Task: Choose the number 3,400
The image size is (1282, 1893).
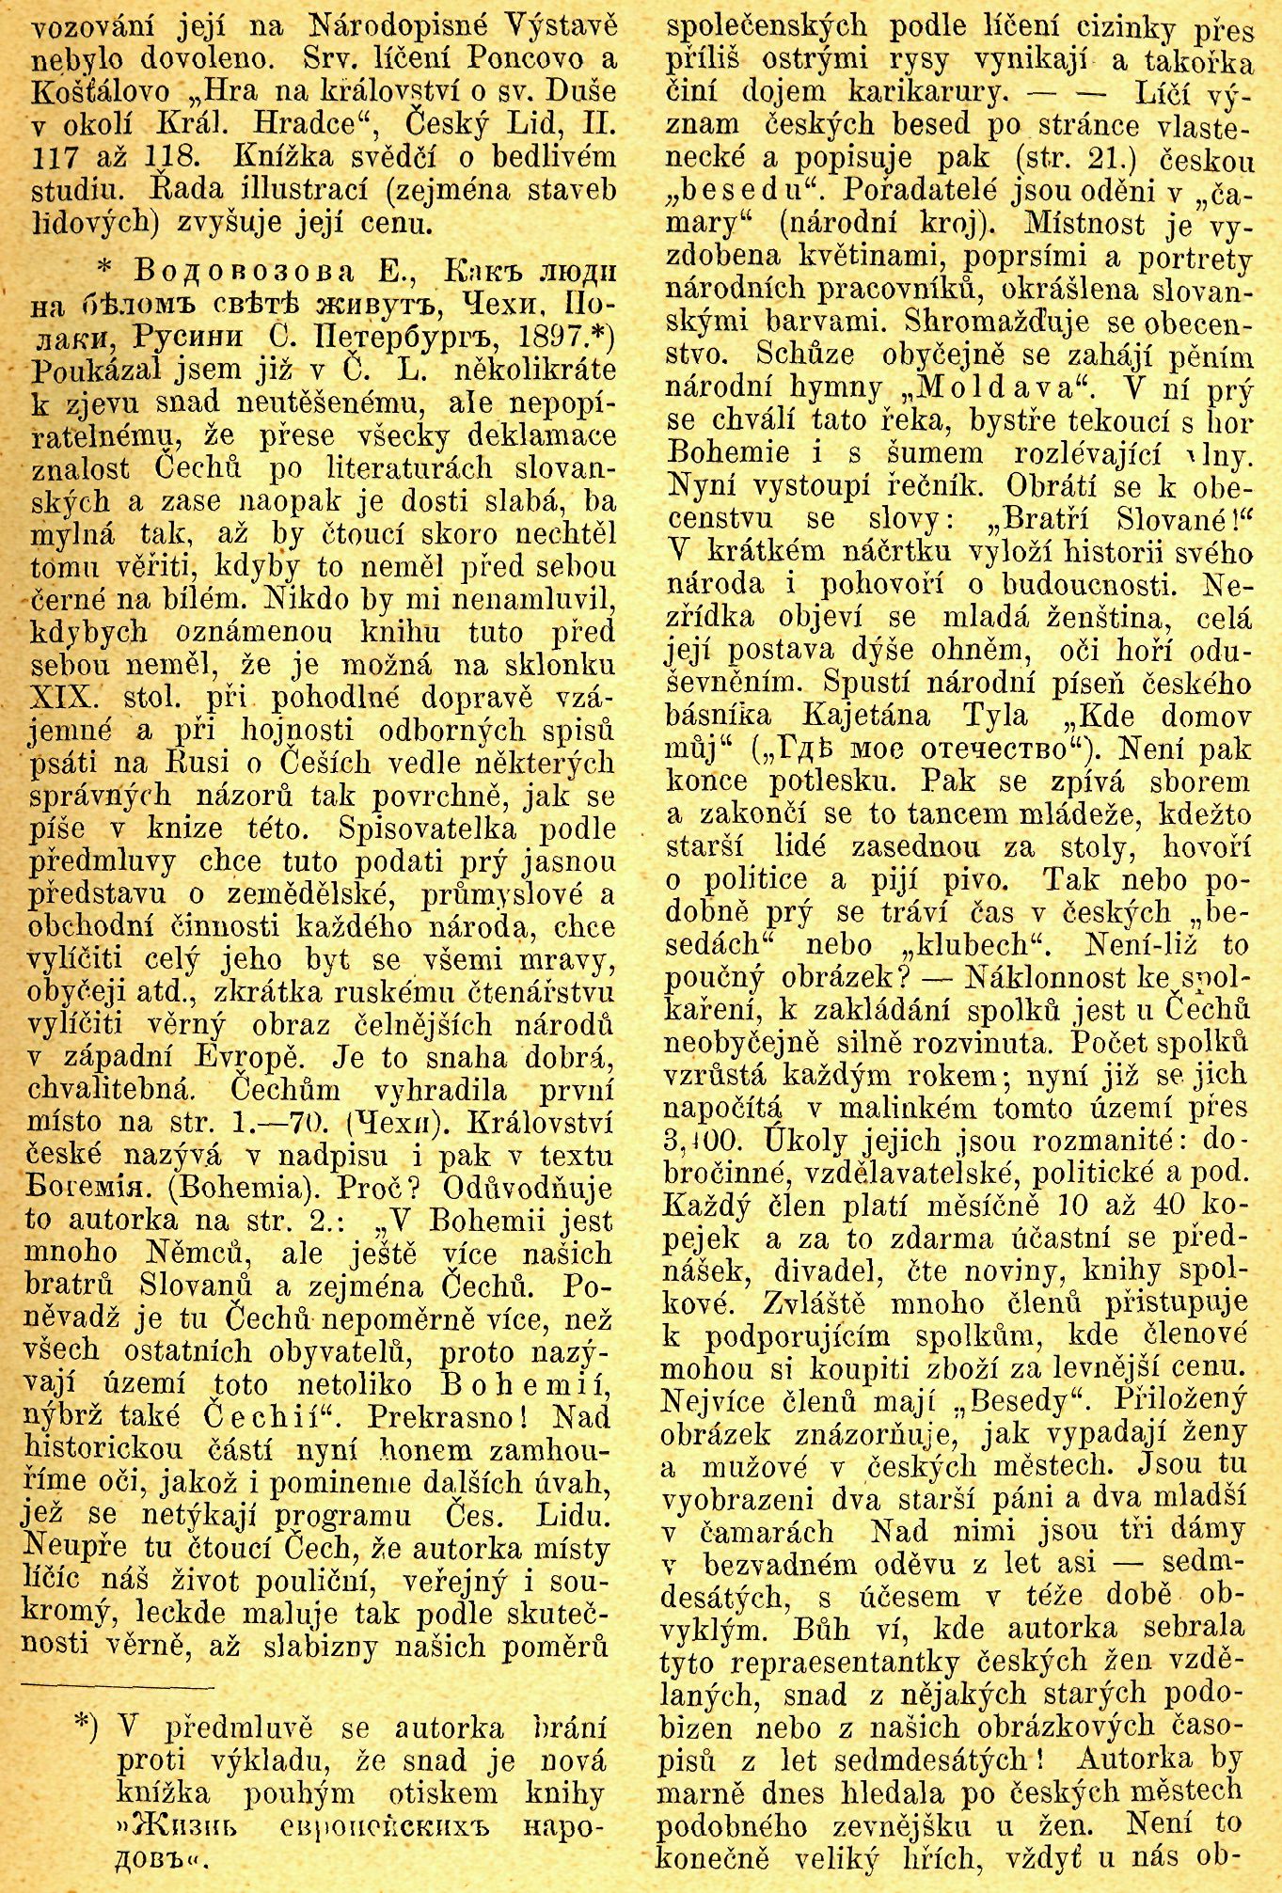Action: [x=698, y=1141]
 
